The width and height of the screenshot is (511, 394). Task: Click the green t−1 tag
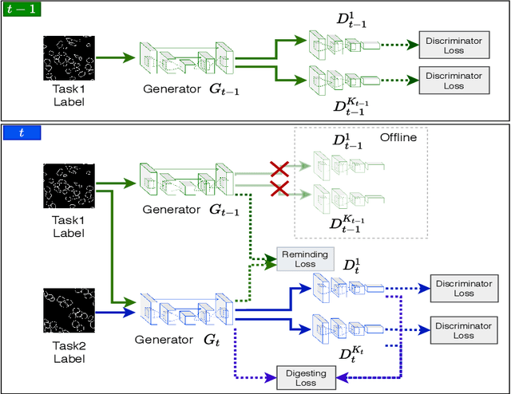coord(22,10)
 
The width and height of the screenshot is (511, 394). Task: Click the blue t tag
coord(22,133)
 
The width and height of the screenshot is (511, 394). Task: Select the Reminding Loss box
coord(299,258)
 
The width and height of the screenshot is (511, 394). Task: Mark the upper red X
coord(279,168)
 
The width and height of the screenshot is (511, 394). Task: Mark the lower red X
coord(279,189)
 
